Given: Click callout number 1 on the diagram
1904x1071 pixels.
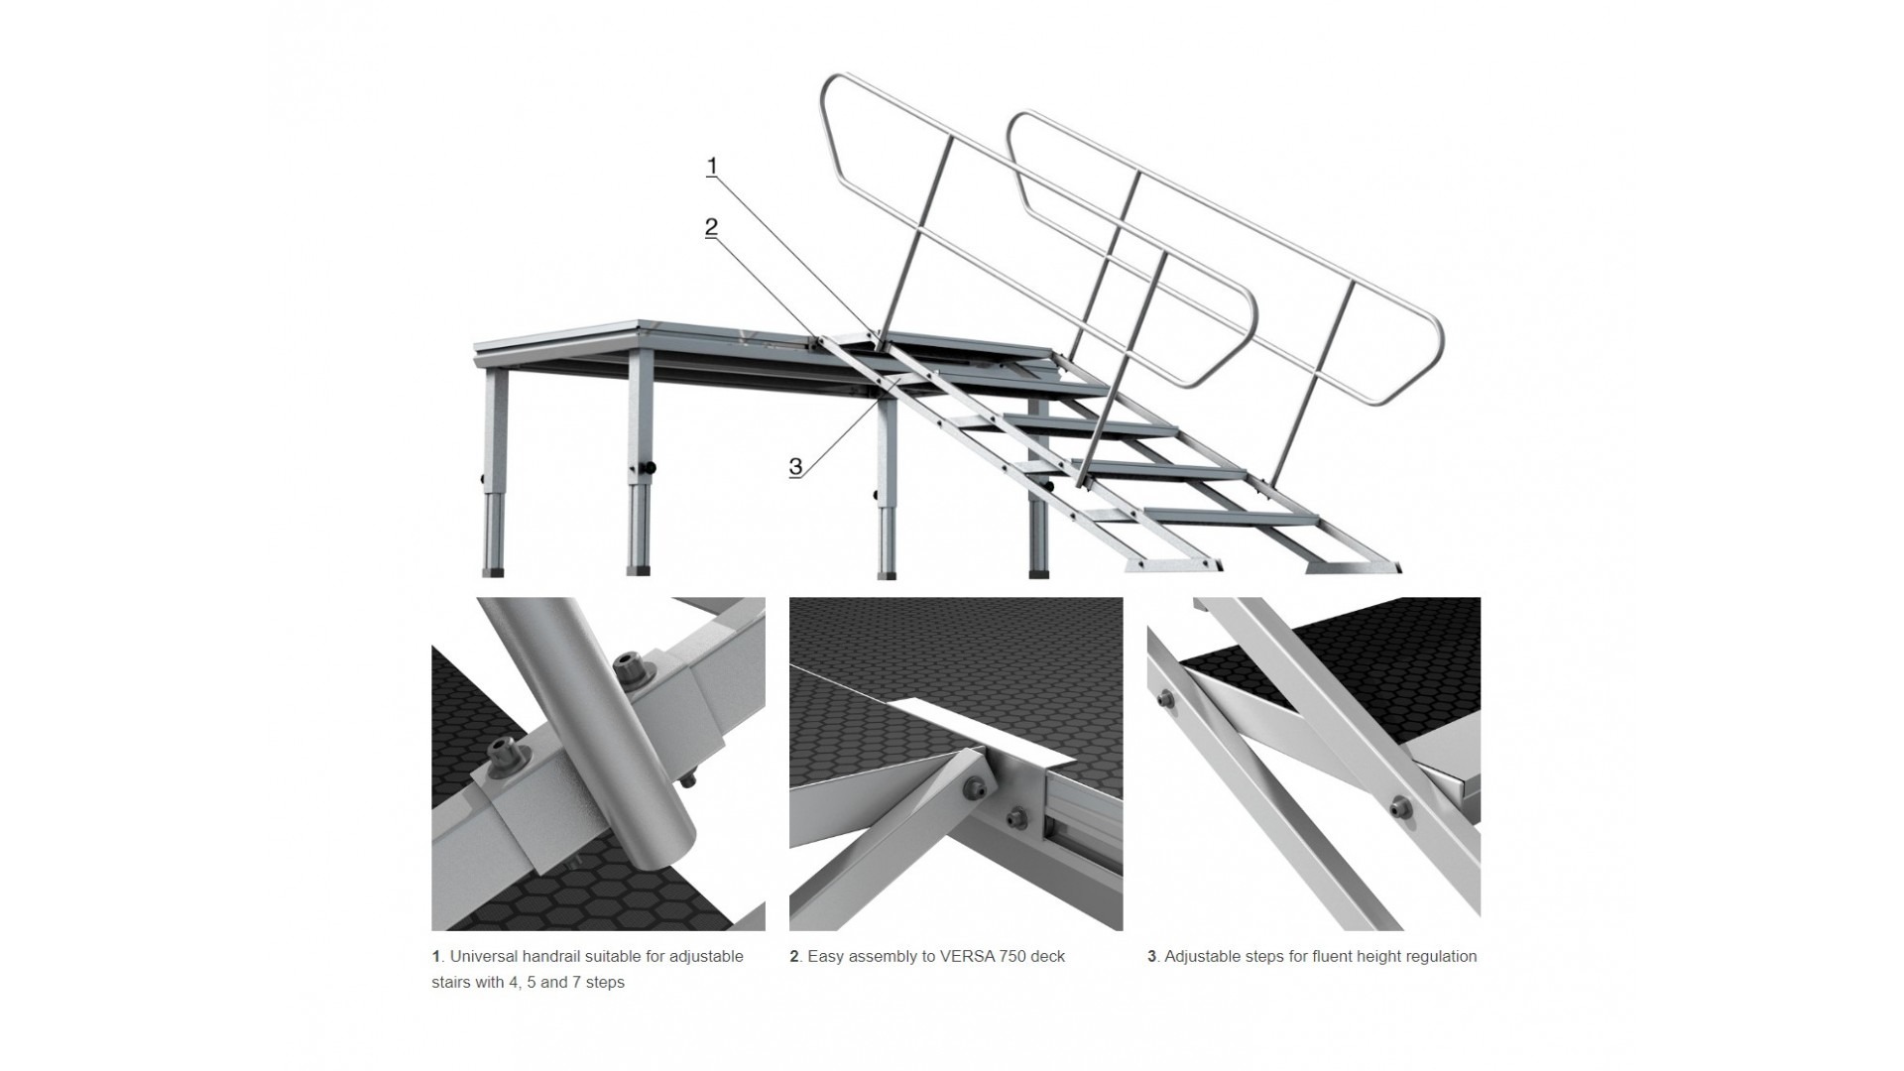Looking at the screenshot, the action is pyautogui.click(x=711, y=167).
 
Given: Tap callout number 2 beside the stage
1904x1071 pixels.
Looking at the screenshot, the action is pyautogui.click(x=711, y=227).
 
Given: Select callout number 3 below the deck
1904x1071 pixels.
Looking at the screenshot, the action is pyautogui.click(x=795, y=466).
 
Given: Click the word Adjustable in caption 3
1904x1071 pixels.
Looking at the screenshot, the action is pyautogui.click(x=1202, y=957).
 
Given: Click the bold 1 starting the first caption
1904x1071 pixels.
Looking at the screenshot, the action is pyautogui.click(x=435, y=957).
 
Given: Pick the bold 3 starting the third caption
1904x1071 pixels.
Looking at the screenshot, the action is pyautogui.click(x=1152, y=957).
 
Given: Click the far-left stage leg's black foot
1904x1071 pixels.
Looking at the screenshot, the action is pyautogui.click(x=493, y=572).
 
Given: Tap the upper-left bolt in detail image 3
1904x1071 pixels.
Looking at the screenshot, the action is pyautogui.click(x=1166, y=701).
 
